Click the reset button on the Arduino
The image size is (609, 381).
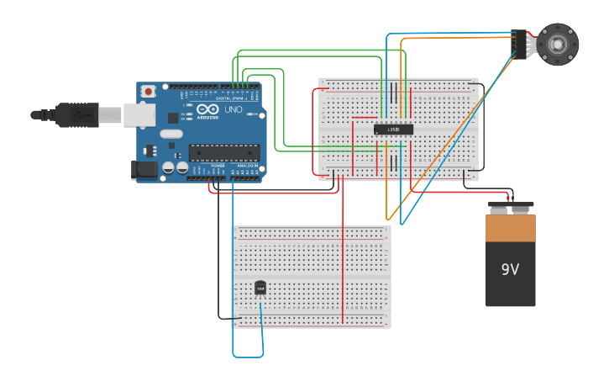(149, 90)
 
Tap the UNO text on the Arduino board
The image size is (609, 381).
(229, 109)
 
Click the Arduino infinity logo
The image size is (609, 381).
(207, 109)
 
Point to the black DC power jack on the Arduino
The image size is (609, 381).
(144, 169)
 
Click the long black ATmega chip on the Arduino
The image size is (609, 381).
(223, 152)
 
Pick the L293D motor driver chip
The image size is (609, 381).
(393, 129)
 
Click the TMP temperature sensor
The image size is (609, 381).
(260, 288)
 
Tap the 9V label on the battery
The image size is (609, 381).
(511, 270)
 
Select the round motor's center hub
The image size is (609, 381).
(559, 43)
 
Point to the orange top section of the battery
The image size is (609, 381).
(510, 228)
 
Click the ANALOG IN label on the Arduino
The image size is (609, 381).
(248, 167)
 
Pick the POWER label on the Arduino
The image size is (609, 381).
(217, 167)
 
